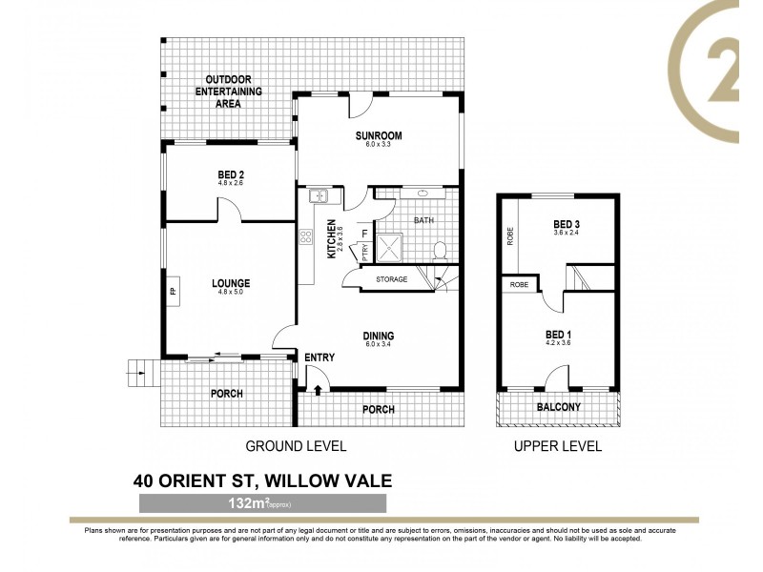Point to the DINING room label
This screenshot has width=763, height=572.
pos(378,336)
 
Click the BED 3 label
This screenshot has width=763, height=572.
pos(567,225)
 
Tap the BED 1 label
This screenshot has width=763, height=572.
pos(559,335)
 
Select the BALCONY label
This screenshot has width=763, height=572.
pos(559,407)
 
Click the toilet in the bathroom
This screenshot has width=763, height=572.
pos(441,251)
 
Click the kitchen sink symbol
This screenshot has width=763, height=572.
pos(318,196)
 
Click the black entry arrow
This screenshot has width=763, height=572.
pos(318,389)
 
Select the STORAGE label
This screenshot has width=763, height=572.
pos(391,279)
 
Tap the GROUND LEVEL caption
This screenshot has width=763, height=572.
pos(296,446)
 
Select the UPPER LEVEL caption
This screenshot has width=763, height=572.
pos(558,446)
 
